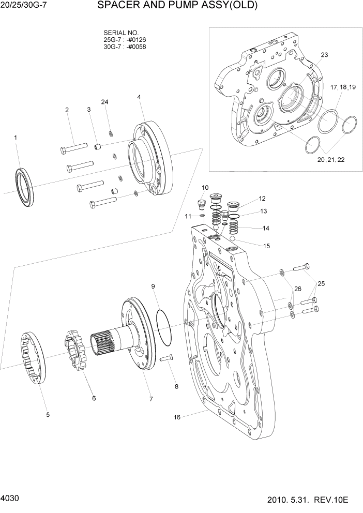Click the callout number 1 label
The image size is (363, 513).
[x=16, y=138]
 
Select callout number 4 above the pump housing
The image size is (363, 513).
[x=139, y=97]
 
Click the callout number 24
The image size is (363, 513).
[x=105, y=102]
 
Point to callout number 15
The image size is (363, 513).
[x=266, y=246]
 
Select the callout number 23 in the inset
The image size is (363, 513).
[x=324, y=55]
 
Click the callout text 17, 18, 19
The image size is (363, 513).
[x=343, y=87]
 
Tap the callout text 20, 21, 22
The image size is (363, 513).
[x=331, y=160]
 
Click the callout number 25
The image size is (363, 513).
[x=321, y=283]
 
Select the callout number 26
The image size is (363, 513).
[x=297, y=288]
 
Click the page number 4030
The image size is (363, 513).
[x=10, y=498]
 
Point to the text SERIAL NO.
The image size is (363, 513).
[x=121, y=32]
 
